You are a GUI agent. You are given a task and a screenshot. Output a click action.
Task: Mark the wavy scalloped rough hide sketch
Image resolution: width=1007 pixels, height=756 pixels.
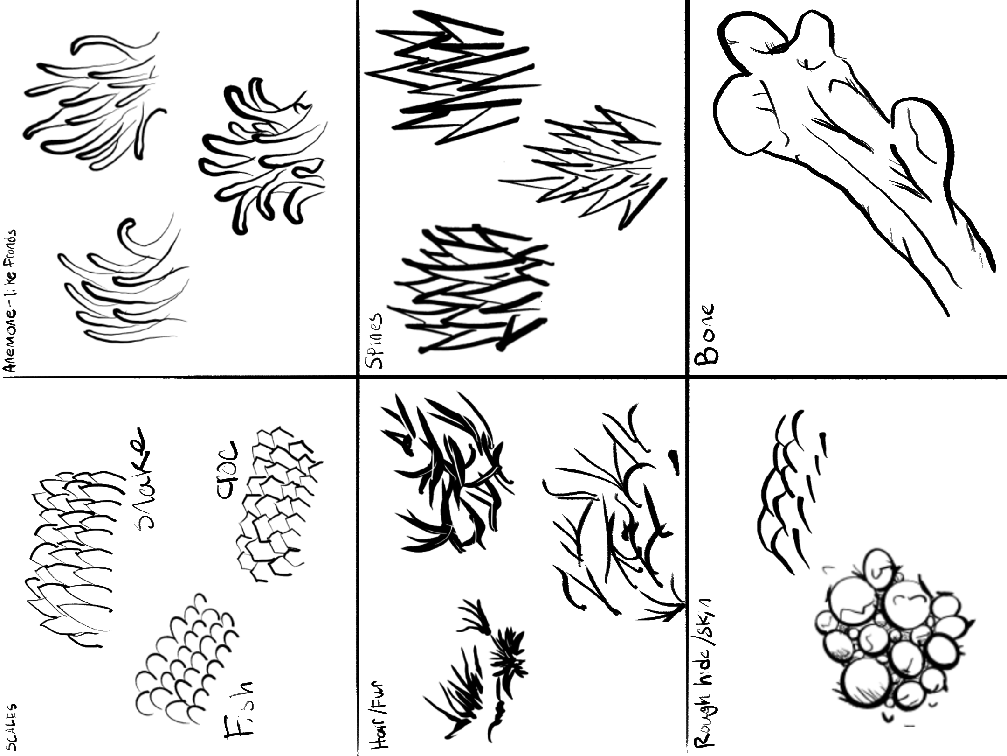click(x=788, y=490)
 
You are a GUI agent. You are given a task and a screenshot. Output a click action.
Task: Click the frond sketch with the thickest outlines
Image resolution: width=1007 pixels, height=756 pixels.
click(x=261, y=154)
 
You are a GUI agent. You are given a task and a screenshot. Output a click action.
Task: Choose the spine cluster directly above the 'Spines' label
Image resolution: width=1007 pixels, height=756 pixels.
click(x=466, y=289)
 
